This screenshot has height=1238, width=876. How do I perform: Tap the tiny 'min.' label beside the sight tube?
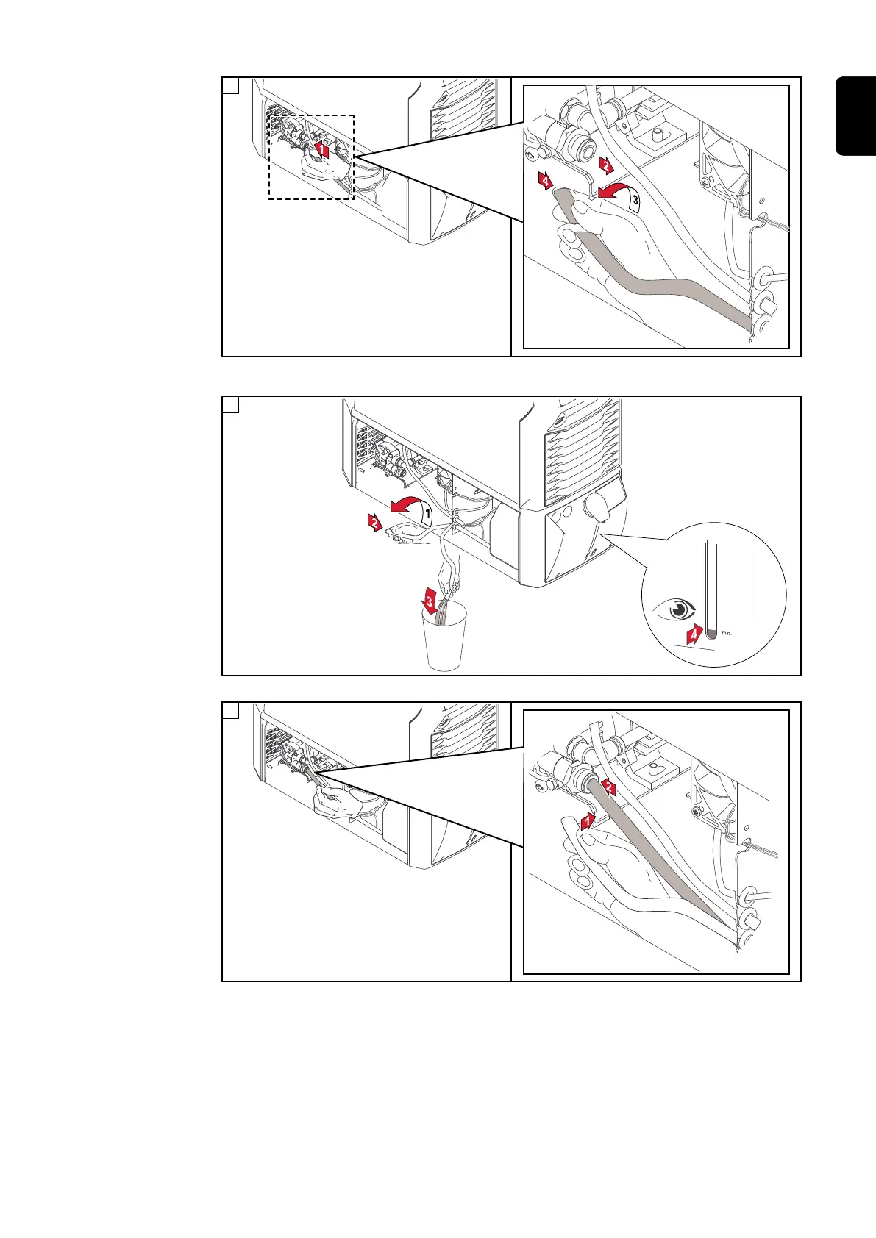click(727, 631)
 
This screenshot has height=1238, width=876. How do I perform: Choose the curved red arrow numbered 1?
click(412, 507)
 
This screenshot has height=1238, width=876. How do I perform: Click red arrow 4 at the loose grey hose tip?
click(546, 180)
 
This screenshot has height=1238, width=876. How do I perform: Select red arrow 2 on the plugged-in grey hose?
click(609, 789)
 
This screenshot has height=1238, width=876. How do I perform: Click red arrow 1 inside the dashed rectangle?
click(321, 150)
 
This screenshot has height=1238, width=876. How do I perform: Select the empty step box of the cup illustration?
click(230, 404)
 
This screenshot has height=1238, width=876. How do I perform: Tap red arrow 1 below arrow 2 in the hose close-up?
click(587, 821)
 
